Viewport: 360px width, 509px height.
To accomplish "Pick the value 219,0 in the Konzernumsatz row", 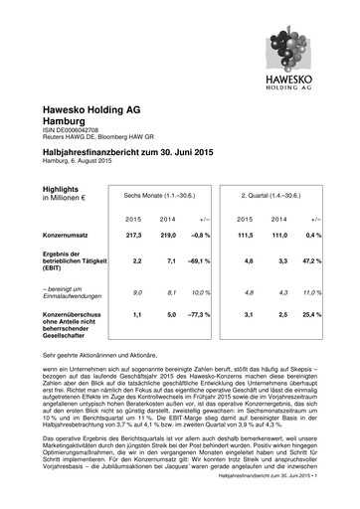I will coord(169,235).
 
